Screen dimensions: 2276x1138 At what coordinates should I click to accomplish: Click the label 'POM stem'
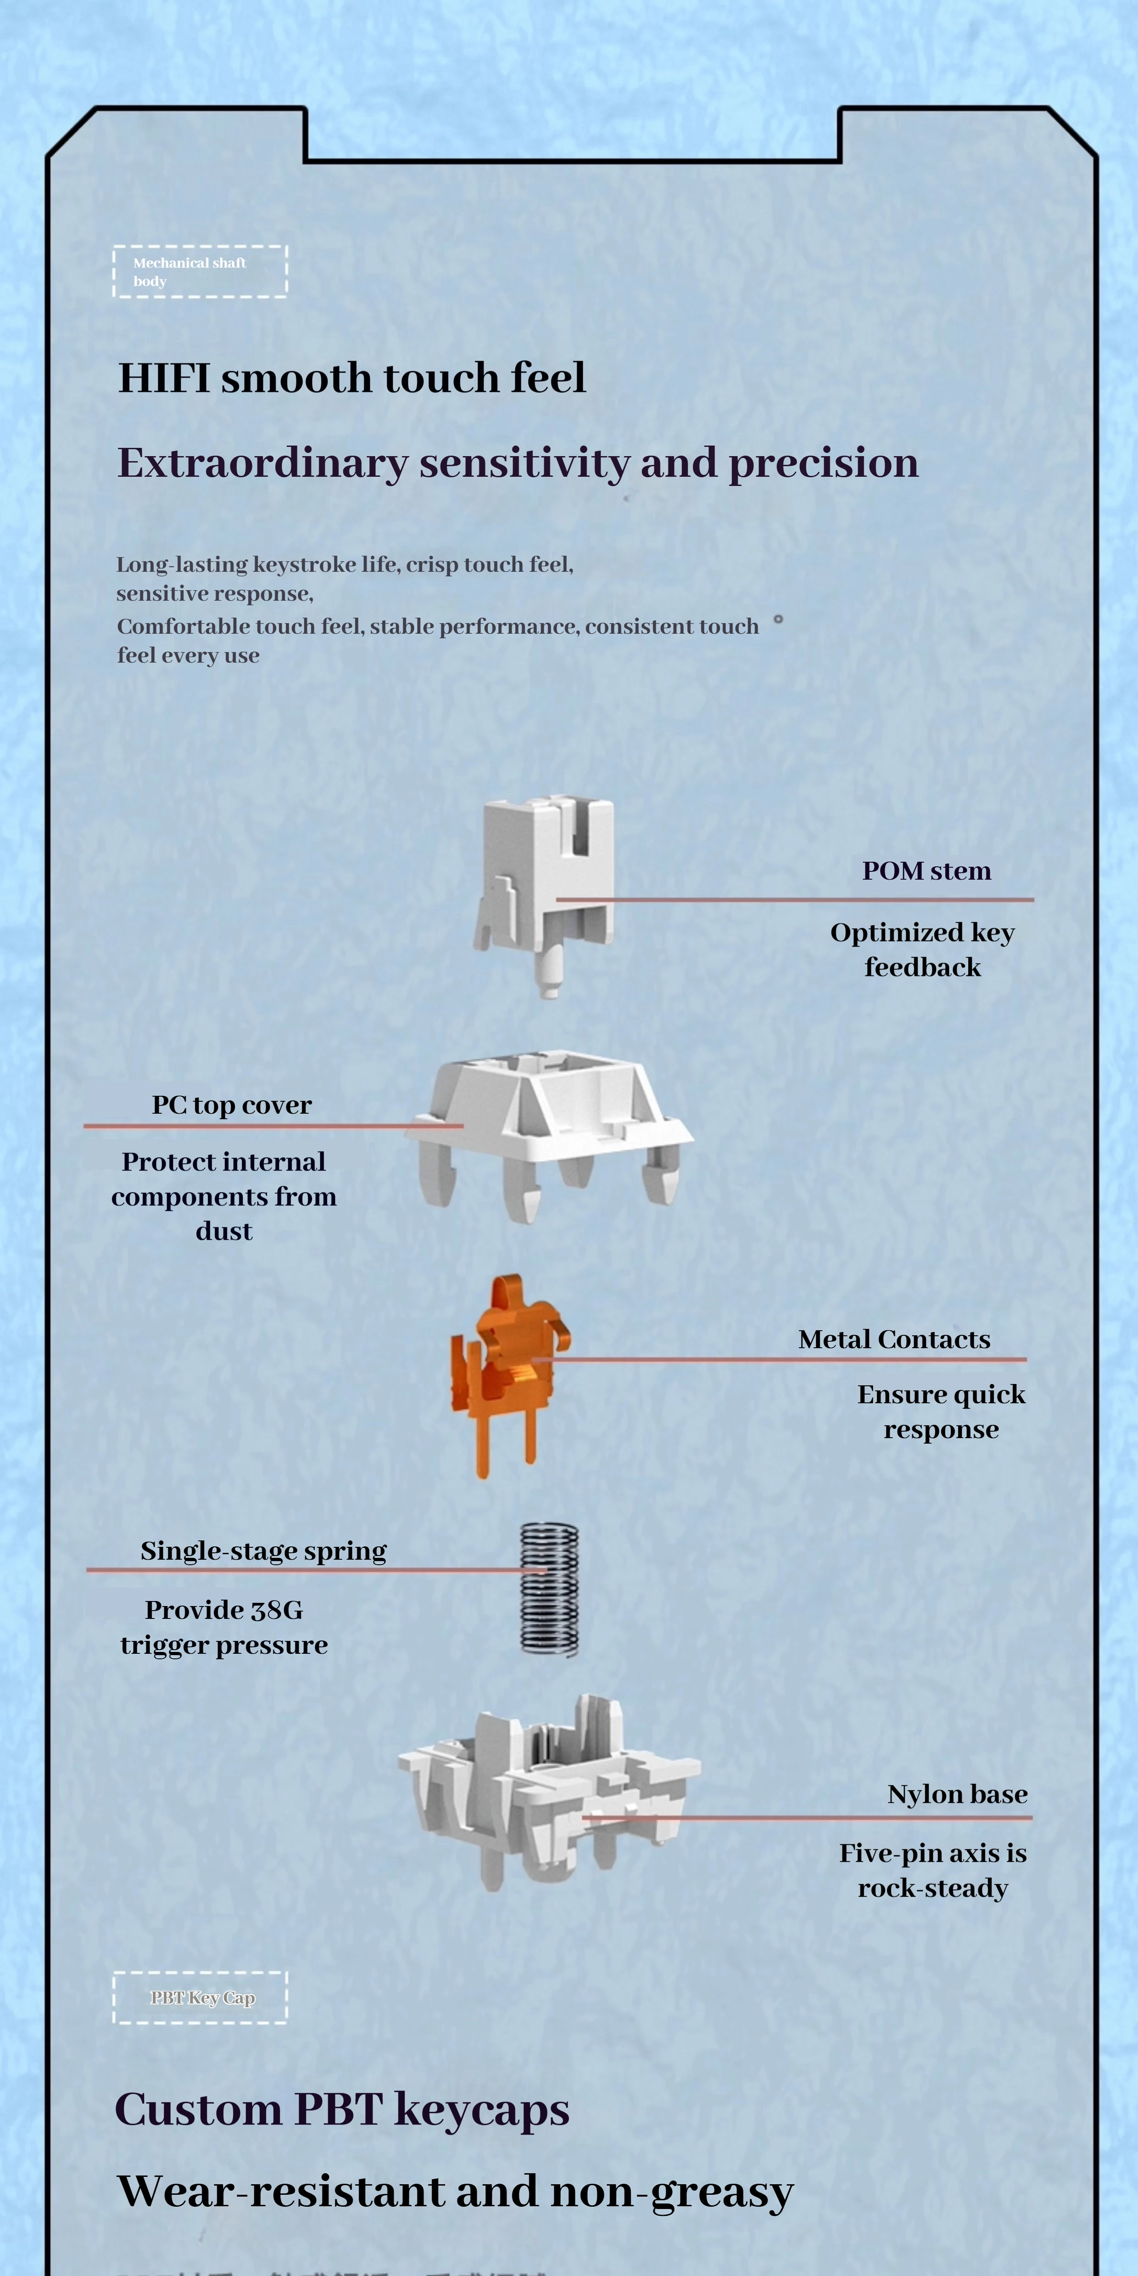(x=926, y=871)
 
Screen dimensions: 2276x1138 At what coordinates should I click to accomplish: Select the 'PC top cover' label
(x=231, y=1105)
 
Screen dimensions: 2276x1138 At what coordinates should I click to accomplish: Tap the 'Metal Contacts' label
(x=894, y=1339)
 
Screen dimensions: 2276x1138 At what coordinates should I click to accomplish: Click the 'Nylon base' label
(x=957, y=1795)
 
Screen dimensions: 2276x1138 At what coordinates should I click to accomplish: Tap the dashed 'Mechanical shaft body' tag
(x=200, y=271)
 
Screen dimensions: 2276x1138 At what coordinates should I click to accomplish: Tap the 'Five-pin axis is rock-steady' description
(x=932, y=1870)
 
